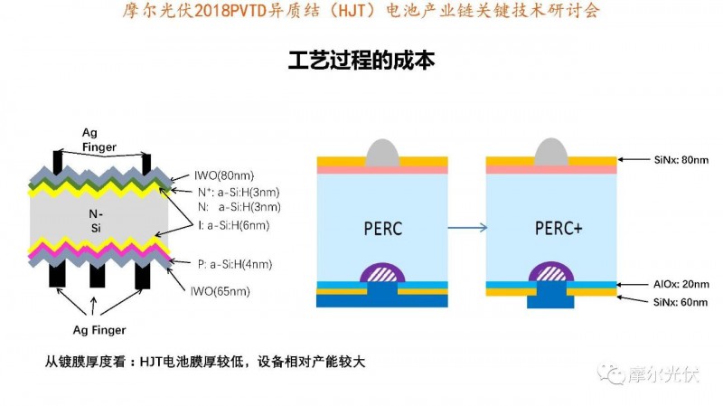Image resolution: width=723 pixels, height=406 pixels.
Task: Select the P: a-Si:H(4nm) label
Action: [x=234, y=264]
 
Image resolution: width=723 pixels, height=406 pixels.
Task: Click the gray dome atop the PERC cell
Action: [x=382, y=152]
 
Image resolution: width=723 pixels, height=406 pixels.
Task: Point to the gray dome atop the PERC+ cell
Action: [x=551, y=152]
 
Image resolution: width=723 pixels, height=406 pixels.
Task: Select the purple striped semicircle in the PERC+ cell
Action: [x=552, y=271]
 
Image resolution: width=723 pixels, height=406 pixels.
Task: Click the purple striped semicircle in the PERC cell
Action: [x=382, y=271]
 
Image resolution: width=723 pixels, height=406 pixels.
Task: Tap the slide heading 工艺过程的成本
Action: [x=361, y=61]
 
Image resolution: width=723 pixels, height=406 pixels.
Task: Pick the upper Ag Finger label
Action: [x=97, y=139]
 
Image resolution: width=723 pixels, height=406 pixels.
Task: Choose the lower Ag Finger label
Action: [x=99, y=330]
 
